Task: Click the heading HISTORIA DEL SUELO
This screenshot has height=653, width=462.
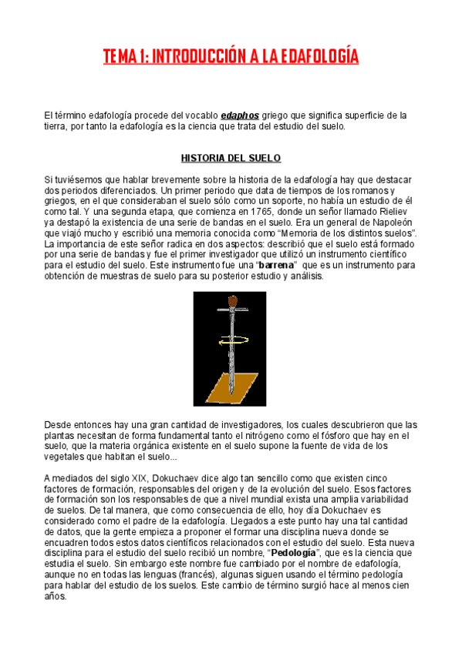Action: [x=231, y=159]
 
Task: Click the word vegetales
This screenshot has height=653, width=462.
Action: [x=63, y=457]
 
